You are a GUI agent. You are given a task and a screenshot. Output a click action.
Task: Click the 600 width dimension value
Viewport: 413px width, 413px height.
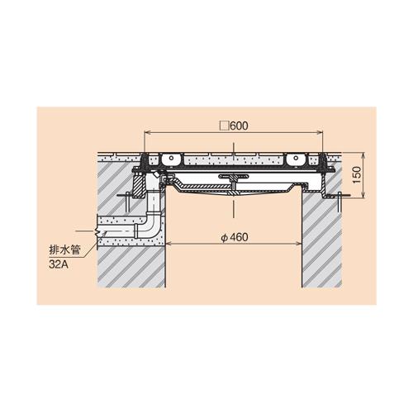[239, 126]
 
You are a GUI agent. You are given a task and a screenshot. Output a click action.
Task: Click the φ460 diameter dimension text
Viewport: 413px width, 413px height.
[235, 237]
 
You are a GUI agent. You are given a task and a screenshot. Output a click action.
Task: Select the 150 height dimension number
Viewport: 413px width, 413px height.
[356, 175]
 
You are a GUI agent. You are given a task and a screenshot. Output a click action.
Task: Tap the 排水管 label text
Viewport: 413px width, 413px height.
[64, 250]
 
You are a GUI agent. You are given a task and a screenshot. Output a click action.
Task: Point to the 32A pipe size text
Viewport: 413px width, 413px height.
[59, 264]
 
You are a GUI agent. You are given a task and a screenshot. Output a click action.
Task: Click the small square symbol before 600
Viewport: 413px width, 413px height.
[225, 126]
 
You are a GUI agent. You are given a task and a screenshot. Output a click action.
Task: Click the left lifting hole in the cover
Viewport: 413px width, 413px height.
[171, 158]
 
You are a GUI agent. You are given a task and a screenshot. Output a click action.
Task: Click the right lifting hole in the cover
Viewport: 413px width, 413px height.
[296, 158]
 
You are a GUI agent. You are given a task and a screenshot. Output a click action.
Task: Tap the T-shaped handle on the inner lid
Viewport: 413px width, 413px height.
[233, 180]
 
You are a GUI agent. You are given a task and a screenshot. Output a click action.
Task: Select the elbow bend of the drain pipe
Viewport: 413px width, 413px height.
[151, 225]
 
